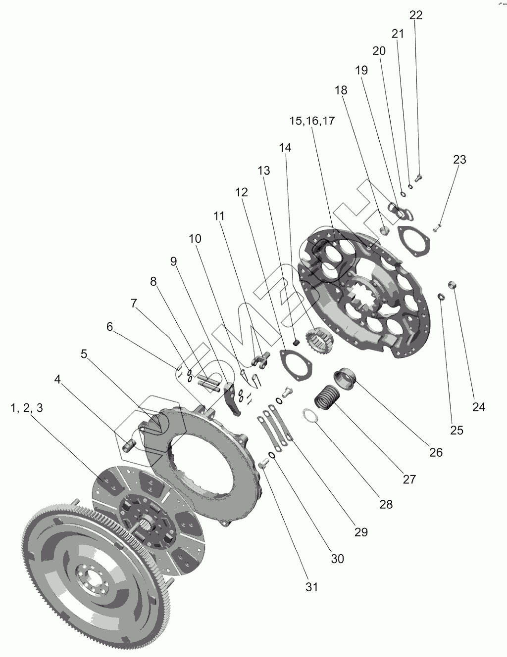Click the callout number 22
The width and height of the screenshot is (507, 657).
point(416,15)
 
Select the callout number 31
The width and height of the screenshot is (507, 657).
point(311,587)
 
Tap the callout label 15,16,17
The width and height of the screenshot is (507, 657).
point(312,121)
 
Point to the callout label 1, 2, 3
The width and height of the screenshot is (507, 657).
point(27,408)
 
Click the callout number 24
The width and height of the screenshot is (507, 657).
point(478,407)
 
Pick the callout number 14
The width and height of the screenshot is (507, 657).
point(285,147)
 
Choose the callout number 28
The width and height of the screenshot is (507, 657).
point(386,504)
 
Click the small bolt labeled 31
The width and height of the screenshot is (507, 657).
point(263,464)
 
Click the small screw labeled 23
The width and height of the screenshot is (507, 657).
point(437,228)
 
